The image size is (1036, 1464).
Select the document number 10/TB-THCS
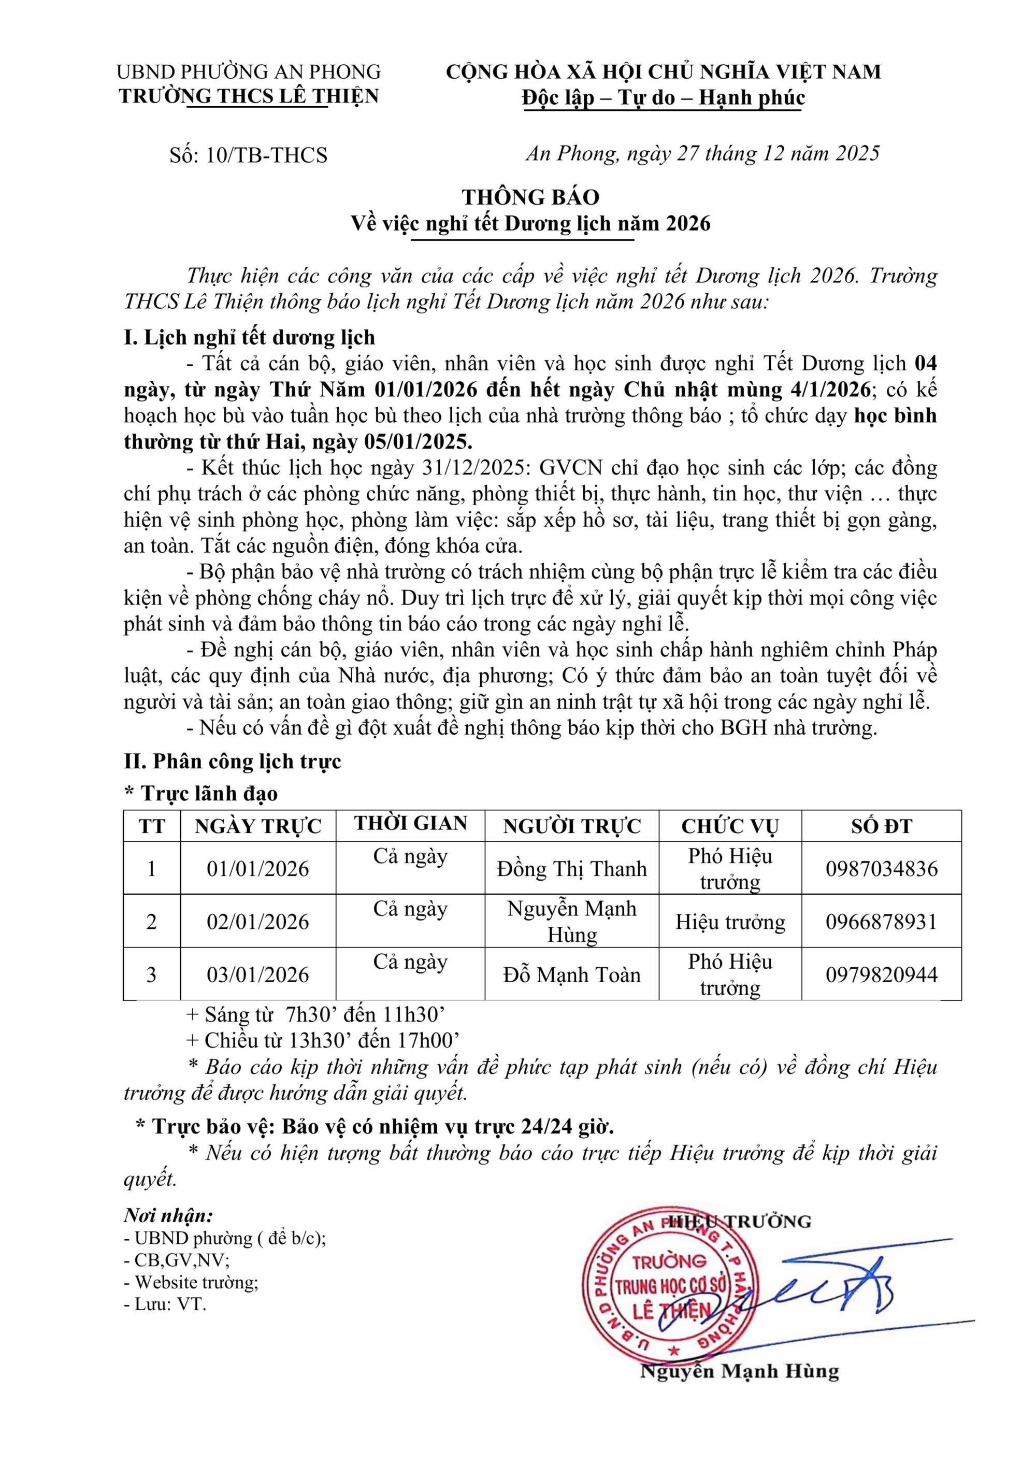(266, 155)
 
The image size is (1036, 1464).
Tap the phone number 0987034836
(882, 868)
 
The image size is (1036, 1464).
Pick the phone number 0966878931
(882, 921)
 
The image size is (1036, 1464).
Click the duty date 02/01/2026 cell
(258, 921)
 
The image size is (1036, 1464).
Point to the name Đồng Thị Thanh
(571, 868)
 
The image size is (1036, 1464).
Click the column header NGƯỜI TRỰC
(571, 826)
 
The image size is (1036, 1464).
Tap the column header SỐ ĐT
(882, 826)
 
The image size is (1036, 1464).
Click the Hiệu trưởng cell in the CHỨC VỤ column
(730, 921)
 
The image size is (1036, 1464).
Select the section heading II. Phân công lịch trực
(233, 761)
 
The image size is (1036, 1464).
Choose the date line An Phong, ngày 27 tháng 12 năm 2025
(702, 153)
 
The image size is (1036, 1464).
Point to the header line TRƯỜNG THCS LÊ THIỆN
(249, 96)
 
